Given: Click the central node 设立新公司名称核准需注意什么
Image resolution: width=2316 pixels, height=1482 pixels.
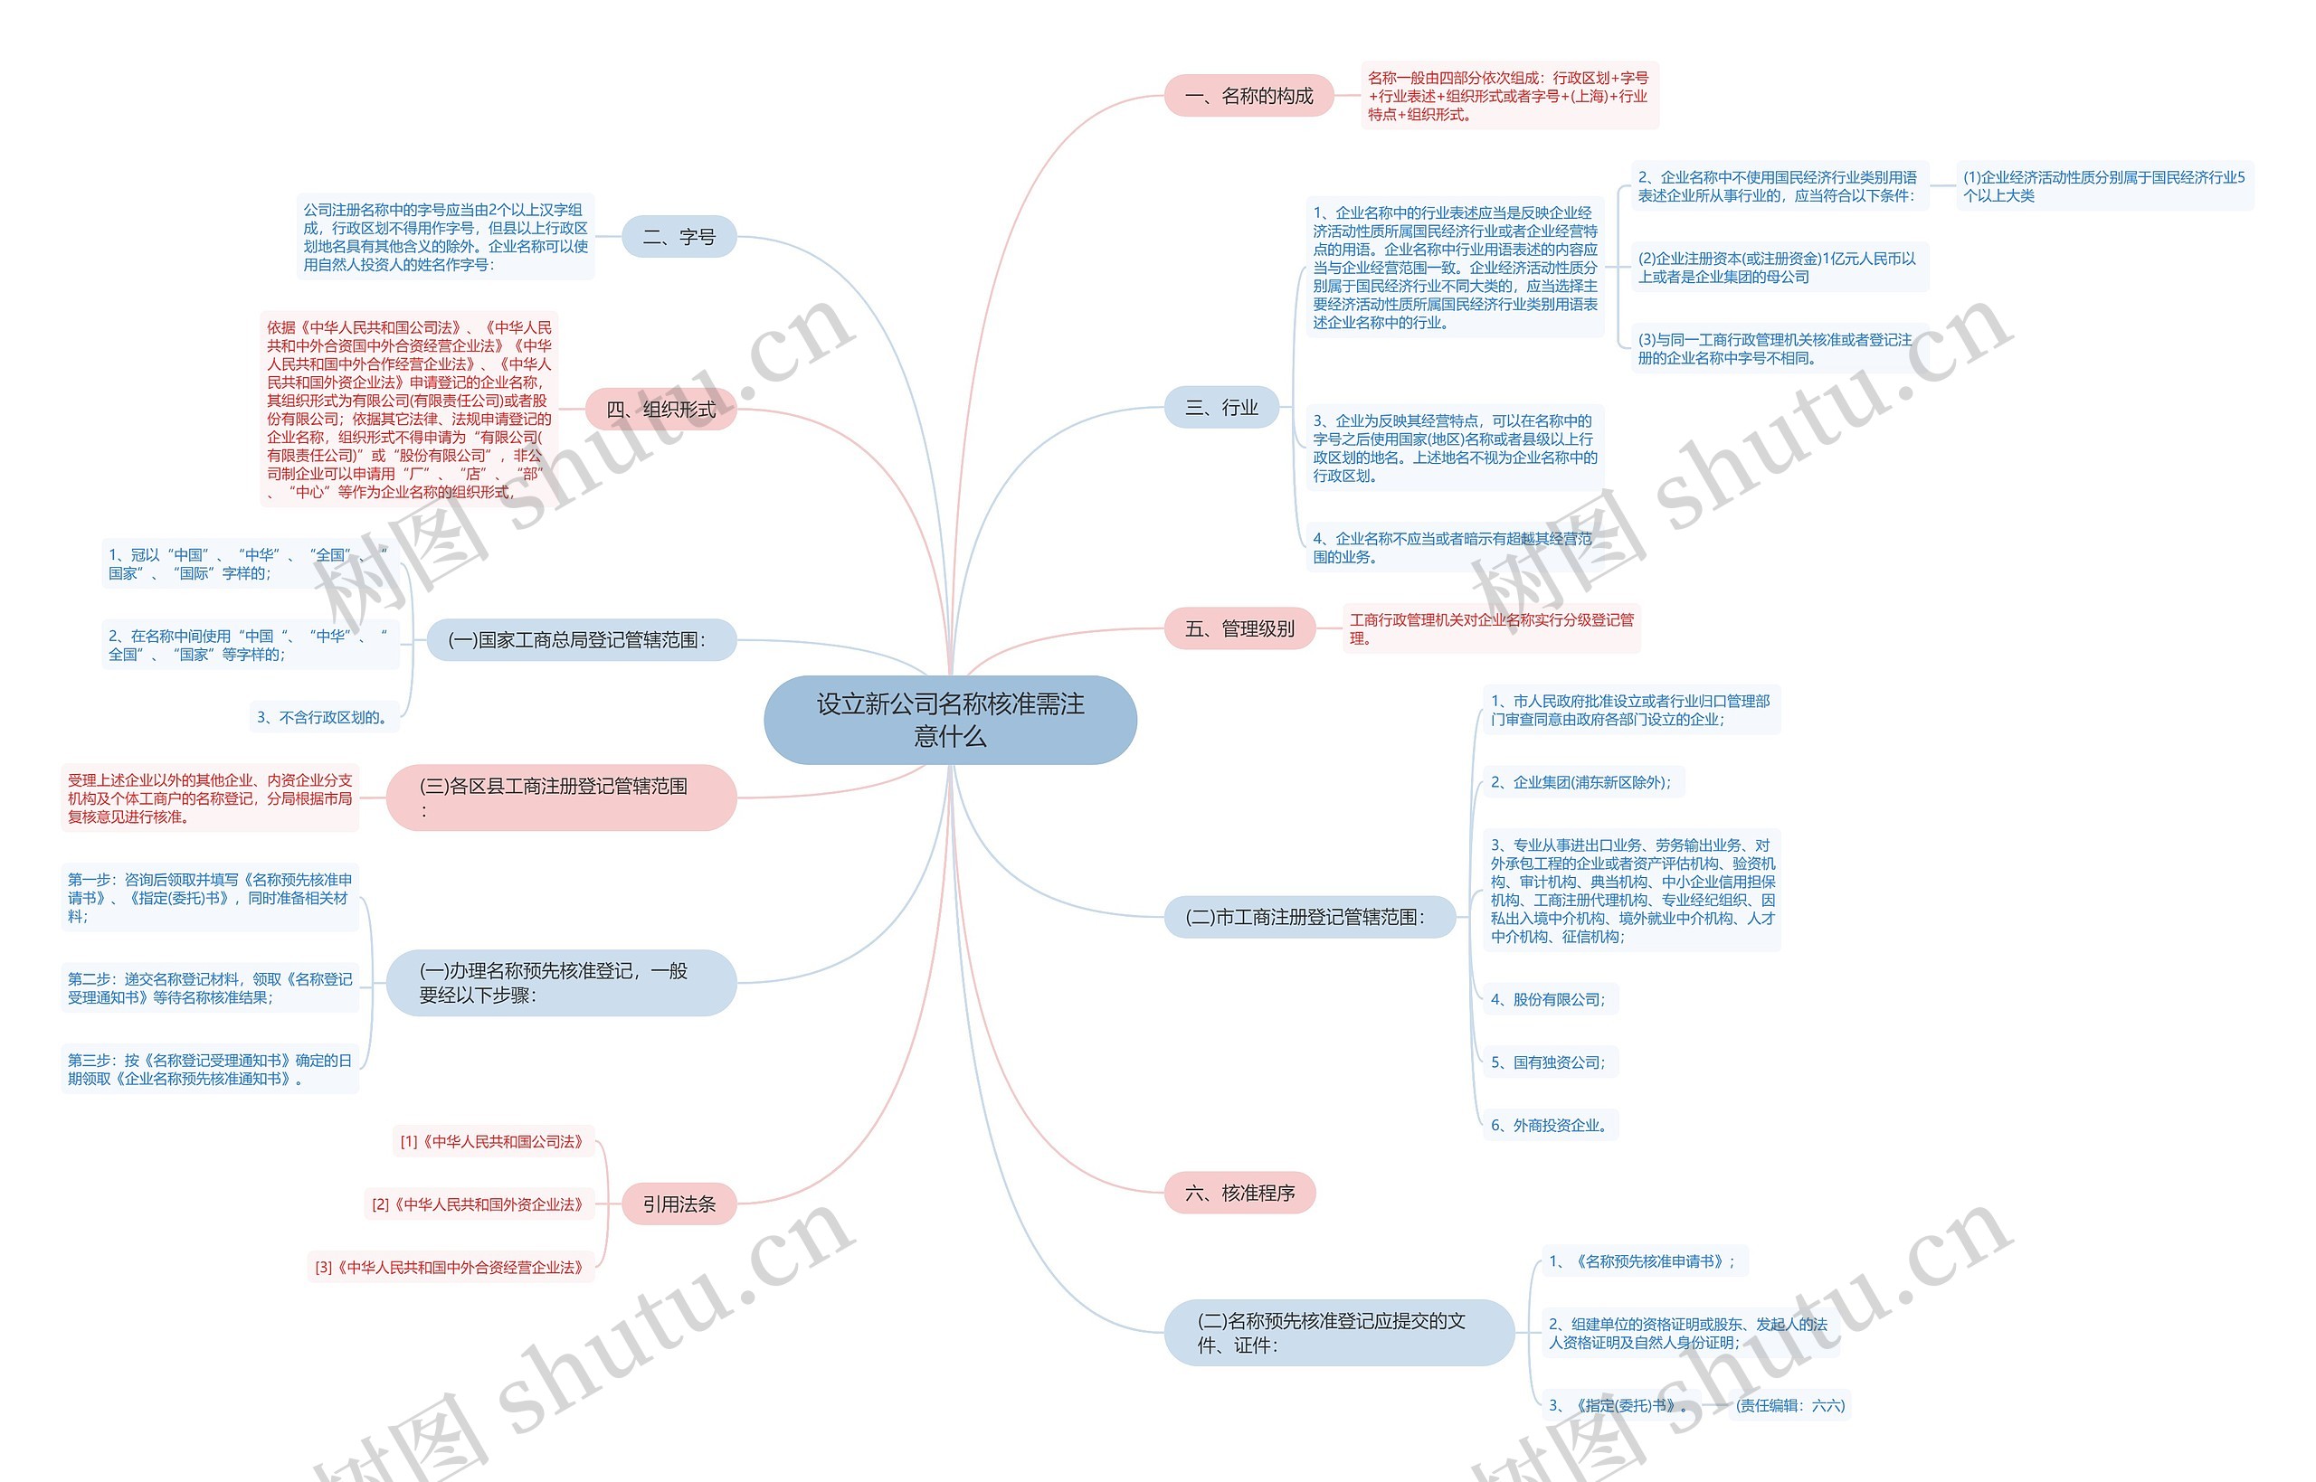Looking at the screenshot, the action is point(949,720).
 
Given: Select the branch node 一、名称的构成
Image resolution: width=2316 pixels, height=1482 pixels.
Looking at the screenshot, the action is point(1248,96).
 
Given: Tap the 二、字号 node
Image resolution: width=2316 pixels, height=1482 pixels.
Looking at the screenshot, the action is point(679,237).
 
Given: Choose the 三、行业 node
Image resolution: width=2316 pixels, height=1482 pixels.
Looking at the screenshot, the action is point(1220,407).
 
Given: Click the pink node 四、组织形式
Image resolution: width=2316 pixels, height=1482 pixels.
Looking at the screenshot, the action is point(660,409).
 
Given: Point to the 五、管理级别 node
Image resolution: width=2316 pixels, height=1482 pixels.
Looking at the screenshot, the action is point(1239,628).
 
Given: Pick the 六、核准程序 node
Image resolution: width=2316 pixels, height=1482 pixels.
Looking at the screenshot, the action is point(1239,1194).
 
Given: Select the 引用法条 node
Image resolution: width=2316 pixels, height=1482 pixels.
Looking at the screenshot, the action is point(679,1204).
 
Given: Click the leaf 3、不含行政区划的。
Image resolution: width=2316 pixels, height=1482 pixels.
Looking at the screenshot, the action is point(322,717).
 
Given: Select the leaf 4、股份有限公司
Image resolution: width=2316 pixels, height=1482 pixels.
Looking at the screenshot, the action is point(1549,999).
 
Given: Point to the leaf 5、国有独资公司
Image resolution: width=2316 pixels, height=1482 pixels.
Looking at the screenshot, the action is point(1549,1062).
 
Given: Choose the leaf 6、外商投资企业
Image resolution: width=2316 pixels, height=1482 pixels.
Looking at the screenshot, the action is point(1550,1125).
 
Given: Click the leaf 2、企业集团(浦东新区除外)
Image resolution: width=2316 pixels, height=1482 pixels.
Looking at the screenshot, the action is point(1581,782).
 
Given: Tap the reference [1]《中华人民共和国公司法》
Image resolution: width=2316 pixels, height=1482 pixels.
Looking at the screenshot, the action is point(493,1141).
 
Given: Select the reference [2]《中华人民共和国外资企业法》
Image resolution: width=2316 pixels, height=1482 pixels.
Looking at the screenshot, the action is point(479,1204).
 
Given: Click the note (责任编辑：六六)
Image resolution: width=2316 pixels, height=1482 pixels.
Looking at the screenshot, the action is point(1789,1405).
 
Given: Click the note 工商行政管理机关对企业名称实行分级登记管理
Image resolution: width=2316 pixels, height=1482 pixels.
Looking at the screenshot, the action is point(1490,628).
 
